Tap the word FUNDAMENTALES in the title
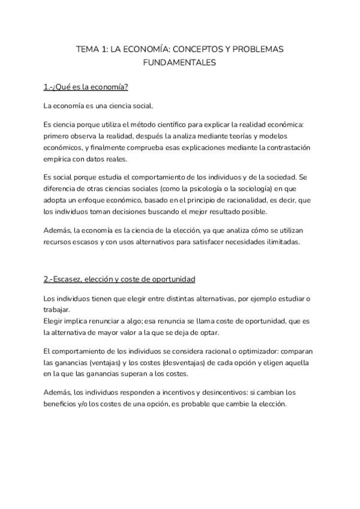[179, 62]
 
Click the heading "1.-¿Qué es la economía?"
[86, 87]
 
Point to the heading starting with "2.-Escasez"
[119, 279]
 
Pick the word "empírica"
[58, 159]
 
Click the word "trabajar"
[56, 310]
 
